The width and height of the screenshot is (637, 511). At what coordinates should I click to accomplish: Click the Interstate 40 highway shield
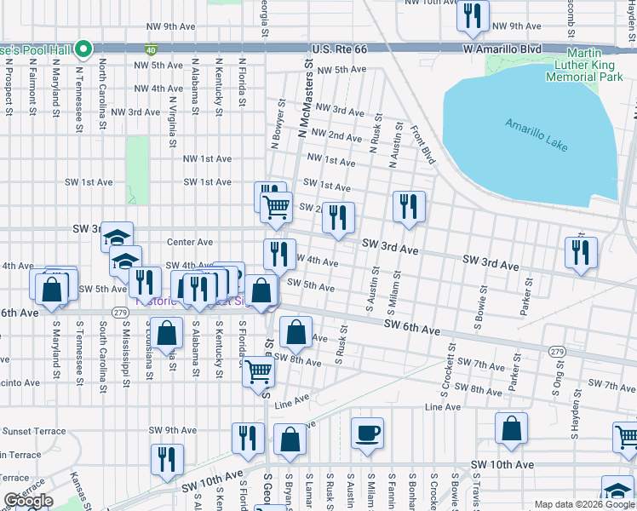[x=151, y=50]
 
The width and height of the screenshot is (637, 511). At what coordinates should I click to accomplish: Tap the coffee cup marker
[x=367, y=433]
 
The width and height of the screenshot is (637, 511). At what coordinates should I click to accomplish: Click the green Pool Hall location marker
[x=83, y=49]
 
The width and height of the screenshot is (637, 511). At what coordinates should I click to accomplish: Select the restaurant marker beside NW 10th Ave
[x=472, y=15]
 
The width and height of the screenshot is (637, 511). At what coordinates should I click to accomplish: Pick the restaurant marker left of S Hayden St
[x=581, y=251]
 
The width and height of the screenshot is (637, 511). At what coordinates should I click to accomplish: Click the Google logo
[x=28, y=501]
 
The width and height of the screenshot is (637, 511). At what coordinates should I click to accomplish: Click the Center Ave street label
[x=189, y=243]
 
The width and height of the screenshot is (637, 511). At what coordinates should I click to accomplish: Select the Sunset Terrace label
[x=33, y=431]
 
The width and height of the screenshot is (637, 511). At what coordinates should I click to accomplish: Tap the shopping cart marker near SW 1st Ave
[x=276, y=207]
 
